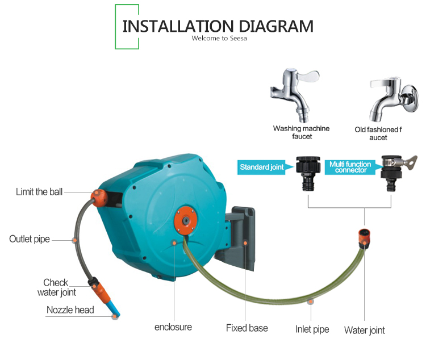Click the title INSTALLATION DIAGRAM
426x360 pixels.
coord(218,26)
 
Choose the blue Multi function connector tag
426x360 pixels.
coord(350,167)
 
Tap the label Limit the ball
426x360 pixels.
coord(39,192)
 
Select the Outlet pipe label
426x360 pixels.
coord(30,239)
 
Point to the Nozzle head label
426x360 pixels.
coord(70,310)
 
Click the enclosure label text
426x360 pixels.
coord(173,327)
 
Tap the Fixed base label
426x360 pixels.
coord(247,328)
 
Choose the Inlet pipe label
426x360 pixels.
coord(312,329)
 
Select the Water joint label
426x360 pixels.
coord(364,330)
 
